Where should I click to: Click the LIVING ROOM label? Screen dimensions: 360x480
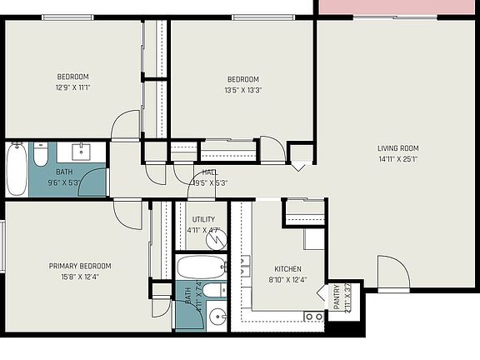(x=398, y=149)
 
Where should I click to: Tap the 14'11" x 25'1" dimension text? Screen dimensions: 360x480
(x=398, y=160)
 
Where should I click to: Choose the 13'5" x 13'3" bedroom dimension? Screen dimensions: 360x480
(x=242, y=91)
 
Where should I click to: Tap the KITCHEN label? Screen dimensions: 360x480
(x=287, y=269)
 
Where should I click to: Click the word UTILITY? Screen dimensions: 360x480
(x=203, y=219)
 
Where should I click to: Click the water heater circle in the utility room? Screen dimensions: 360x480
(x=216, y=240)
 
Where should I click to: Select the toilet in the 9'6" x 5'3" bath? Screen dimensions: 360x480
(x=42, y=154)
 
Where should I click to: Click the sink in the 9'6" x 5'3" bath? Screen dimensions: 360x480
(x=82, y=151)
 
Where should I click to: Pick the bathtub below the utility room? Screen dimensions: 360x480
(x=201, y=267)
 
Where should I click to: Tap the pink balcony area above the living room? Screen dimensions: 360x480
(x=397, y=6)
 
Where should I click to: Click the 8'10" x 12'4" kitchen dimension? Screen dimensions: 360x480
(x=287, y=280)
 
